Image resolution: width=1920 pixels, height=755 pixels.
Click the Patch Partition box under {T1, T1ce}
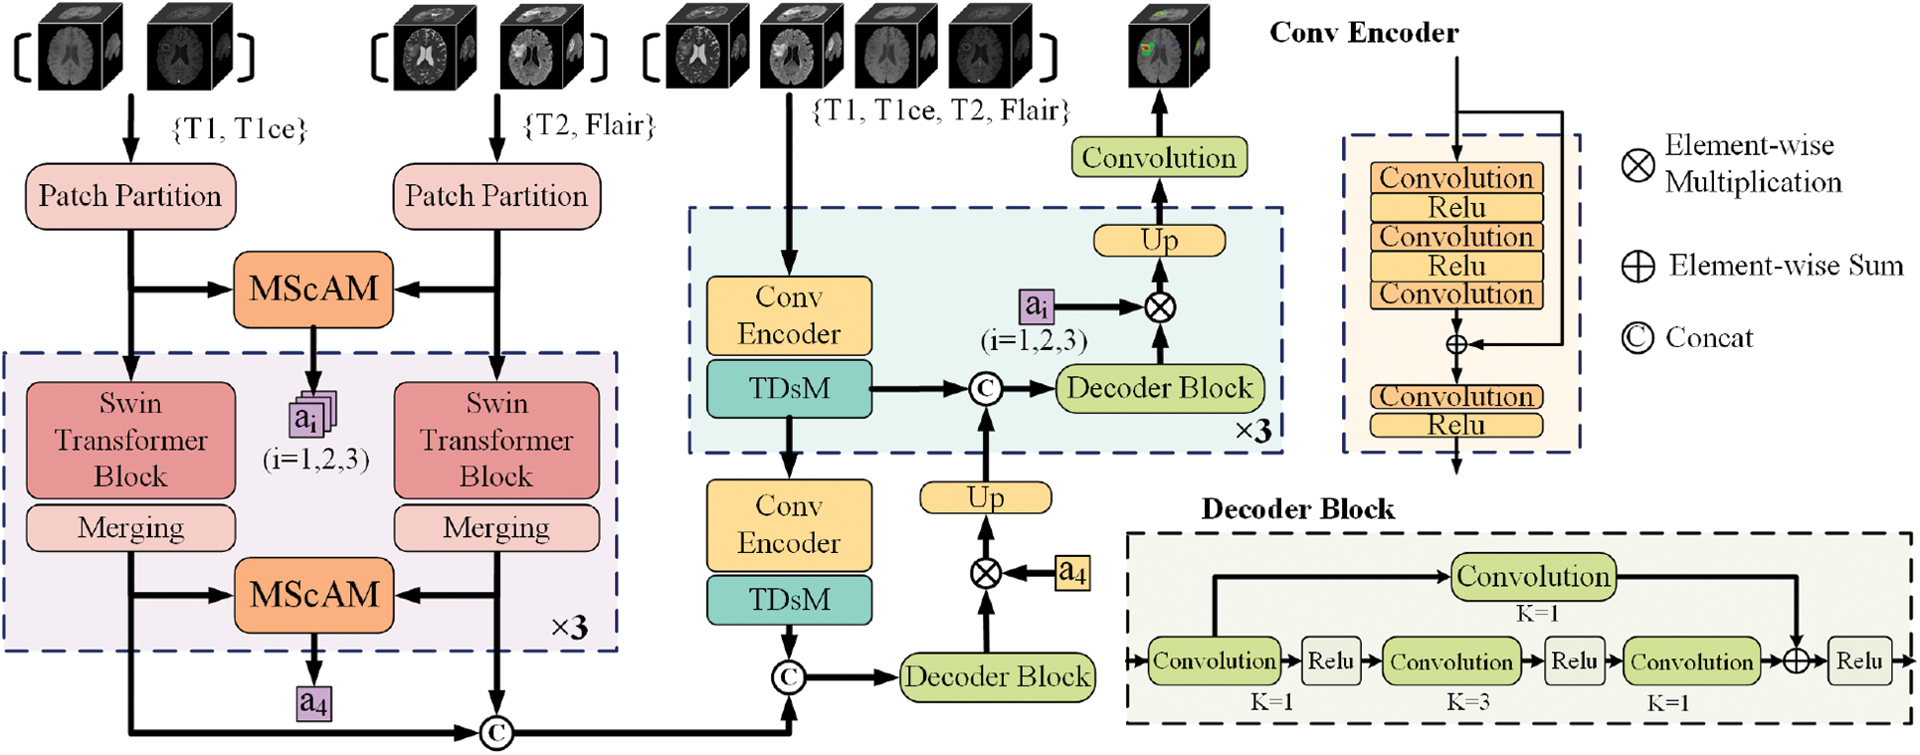[x=130, y=196]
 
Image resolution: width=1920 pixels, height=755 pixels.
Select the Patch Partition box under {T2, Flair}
[x=496, y=196]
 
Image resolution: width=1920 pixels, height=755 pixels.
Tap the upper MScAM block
[x=313, y=289]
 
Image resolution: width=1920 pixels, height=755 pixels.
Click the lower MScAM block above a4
[x=313, y=595]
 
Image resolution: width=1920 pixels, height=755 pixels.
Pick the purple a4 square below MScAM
[x=313, y=703]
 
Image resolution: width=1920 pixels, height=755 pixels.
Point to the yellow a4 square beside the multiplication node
[x=1071, y=572]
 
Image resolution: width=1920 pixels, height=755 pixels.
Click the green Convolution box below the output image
[x=1159, y=157]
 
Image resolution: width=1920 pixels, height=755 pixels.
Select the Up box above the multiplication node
[x=1159, y=240]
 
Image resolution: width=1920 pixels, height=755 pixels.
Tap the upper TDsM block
[x=789, y=388]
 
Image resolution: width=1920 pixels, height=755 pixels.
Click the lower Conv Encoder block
[x=789, y=524]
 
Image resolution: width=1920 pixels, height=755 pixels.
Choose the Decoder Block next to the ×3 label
[x=1159, y=388]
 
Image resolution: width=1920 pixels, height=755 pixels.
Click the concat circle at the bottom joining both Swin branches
[x=495, y=733]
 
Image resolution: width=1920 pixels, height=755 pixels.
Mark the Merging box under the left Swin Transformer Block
[x=130, y=527]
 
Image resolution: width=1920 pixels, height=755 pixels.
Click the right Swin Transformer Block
[x=496, y=440]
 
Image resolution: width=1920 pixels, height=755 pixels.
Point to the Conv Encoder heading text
[x=1363, y=33]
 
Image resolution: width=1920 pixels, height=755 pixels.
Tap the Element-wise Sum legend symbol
[x=1637, y=267]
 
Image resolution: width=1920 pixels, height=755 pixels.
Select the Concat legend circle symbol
[x=1636, y=338]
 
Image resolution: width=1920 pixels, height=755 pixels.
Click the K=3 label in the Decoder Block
[x=1467, y=702]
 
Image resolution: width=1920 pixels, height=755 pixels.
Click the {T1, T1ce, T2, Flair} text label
[x=940, y=110]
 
